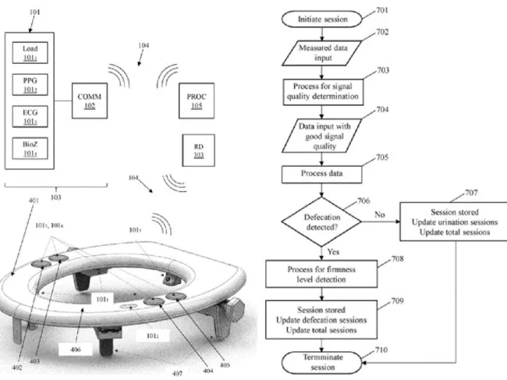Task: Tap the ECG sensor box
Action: coord(30,115)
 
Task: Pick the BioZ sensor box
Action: coord(30,147)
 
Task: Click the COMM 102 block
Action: coord(88,100)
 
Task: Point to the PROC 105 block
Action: coord(196,100)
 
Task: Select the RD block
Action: coord(196,150)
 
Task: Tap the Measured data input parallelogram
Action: coord(321,53)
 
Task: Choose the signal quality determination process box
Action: coord(321,91)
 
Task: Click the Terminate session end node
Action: coord(321,361)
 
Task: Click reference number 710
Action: coord(380,353)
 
